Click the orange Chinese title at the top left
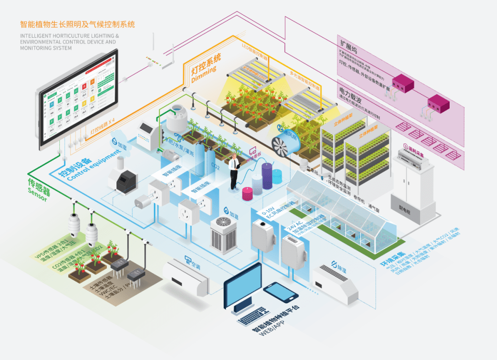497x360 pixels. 78,24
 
